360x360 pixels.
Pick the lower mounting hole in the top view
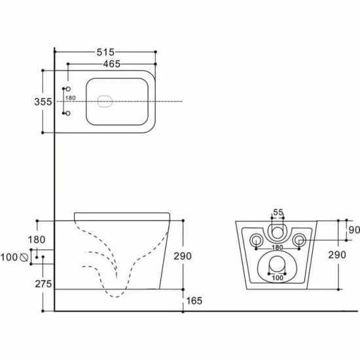point(67,113)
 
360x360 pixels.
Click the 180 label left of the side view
point(37,241)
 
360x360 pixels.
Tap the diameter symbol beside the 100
point(25,257)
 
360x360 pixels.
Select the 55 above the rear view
point(278,213)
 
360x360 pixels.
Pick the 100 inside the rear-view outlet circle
point(278,275)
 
